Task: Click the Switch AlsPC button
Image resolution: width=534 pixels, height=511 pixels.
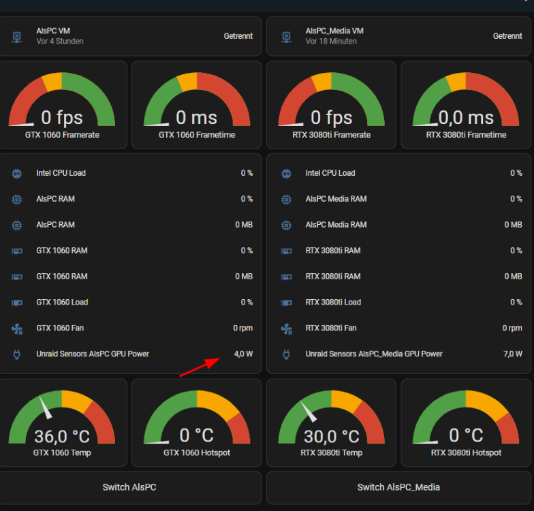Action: [129, 487]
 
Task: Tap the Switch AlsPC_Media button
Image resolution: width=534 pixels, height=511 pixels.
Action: [398, 487]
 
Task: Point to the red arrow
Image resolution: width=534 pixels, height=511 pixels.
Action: [200, 367]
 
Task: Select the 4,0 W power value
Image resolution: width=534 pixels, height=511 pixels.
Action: [243, 354]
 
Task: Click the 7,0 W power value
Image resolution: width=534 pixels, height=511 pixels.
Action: [512, 354]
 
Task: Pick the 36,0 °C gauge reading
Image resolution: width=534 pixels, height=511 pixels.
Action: [62, 436]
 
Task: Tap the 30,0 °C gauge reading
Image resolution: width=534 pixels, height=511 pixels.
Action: [331, 436]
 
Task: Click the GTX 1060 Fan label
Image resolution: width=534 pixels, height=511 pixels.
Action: [60, 328]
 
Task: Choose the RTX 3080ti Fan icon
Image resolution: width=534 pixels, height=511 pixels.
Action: [286, 328]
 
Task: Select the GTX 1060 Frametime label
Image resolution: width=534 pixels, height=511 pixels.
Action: [197, 135]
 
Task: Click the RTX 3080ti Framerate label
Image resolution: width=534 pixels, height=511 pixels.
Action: [331, 135]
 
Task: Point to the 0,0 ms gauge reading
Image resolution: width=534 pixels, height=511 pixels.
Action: [466, 118]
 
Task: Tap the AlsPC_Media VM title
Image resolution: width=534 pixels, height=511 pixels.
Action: [334, 31]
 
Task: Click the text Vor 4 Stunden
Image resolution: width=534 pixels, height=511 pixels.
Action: [60, 41]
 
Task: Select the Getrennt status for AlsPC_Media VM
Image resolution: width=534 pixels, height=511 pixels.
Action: [507, 36]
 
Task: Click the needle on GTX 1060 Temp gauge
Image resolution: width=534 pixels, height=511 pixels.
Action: [46, 407]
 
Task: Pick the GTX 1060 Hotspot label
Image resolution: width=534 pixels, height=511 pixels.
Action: [197, 452]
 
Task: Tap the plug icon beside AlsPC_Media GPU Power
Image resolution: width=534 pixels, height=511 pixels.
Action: [286, 354]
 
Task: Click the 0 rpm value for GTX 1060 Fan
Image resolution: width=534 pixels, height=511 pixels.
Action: [242, 328]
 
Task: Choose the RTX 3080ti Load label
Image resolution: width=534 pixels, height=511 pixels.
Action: [333, 303]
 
